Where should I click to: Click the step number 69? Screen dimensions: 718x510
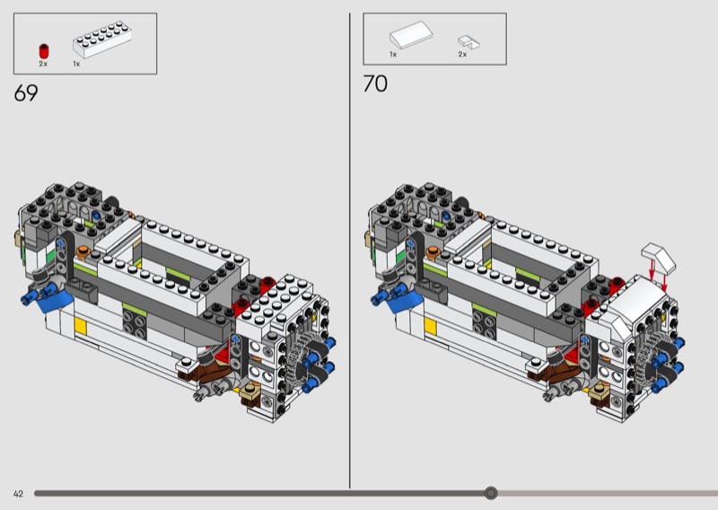(x=26, y=93)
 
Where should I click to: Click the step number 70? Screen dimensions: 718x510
(x=375, y=84)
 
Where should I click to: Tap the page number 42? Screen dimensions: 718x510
(x=18, y=494)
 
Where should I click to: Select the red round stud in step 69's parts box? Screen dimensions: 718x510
(x=44, y=51)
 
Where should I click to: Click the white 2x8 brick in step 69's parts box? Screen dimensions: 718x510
(x=102, y=40)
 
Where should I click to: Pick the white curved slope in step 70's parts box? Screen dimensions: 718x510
(x=411, y=34)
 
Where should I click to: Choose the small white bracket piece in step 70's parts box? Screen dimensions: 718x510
(x=468, y=42)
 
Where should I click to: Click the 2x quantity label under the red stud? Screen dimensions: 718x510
(x=43, y=64)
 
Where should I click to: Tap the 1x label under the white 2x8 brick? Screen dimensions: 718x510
(x=76, y=64)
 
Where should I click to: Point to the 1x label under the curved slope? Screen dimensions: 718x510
(x=393, y=55)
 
